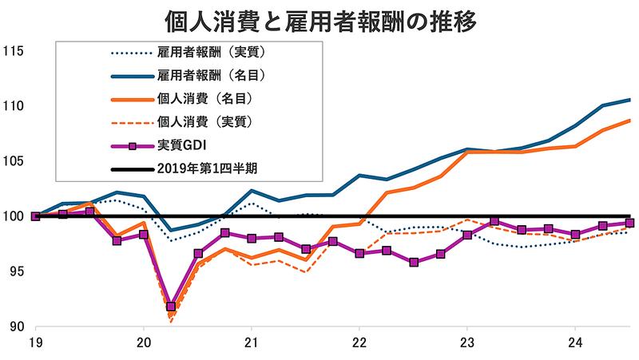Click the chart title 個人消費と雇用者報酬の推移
319,18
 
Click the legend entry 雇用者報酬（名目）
211,77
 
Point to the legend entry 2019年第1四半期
207,168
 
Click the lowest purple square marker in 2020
171,307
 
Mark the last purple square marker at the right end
629,224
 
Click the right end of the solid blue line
630,100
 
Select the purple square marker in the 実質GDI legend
134,145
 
